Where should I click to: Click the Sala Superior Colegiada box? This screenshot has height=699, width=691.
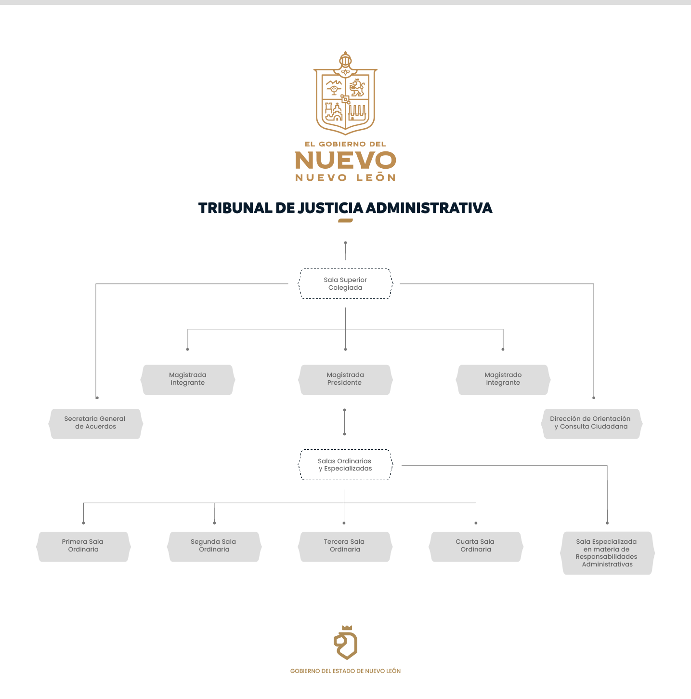click(x=345, y=283)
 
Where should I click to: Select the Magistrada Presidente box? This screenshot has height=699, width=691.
click(x=345, y=379)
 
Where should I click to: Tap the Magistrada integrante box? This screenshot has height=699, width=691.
click(x=188, y=379)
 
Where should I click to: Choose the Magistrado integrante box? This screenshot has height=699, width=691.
click(x=503, y=379)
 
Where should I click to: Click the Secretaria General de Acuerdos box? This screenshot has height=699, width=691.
click(x=95, y=423)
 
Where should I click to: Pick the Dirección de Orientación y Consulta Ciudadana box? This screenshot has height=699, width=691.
click(x=592, y=423)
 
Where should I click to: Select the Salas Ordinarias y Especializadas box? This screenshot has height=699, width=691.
click(x=345, y=465)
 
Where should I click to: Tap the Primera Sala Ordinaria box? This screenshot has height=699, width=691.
click(x=83, y=546)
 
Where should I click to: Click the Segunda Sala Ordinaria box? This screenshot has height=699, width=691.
click(x=214, y=546)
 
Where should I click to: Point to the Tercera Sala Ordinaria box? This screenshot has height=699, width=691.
click(x=345, y=546)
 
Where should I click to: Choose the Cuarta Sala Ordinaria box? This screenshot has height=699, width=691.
click(x=476, y=546)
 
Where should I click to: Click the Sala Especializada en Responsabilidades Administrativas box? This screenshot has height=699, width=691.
click(x=607, y=553)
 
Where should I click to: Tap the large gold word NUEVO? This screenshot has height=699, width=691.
click(x=345, y=160)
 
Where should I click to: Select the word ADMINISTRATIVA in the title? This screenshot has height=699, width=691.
click(x=429, y=208)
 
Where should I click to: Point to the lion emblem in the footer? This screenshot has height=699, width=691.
click(x=346, y=643)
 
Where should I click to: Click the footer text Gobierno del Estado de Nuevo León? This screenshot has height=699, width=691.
click(x=345, y=671)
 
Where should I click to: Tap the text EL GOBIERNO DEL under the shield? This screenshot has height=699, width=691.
click(x=345, y=144)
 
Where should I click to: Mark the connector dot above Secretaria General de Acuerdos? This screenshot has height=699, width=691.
click(x=97, y=398)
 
